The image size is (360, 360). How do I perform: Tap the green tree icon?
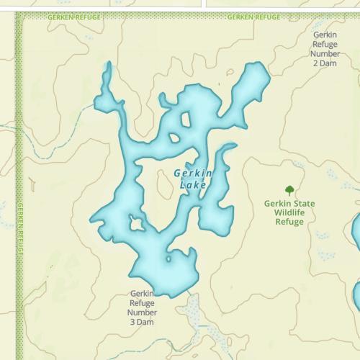point(289,190)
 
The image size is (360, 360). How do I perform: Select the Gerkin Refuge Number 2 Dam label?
point(325,48)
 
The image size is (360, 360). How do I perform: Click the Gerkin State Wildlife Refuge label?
point(289,212)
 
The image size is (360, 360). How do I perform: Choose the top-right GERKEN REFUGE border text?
point(253,16)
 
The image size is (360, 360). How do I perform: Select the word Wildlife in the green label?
point(289,212)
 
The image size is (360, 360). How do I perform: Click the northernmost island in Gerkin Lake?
point(186,120)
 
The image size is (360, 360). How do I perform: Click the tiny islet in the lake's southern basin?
point(168,258)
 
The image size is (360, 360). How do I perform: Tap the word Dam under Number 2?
point(330,63)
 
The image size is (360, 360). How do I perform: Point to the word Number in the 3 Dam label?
point(142,312)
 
